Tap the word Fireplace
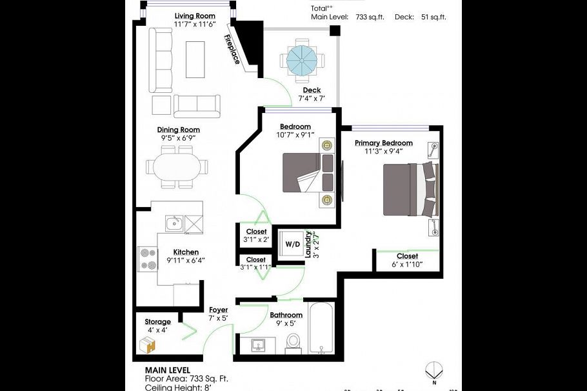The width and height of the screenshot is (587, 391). (x=232, y=49)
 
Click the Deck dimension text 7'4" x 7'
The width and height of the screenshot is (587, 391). (x=311, y=99)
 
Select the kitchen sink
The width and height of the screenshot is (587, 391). (x=172, y=225)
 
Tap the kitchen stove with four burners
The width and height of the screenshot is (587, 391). (x=148, y=258)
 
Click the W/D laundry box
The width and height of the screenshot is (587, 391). (x=292, y=245)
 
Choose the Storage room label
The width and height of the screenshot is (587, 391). (x=157, y=322)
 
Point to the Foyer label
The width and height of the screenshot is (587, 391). (x=218, y=310)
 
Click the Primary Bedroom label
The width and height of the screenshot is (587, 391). (x=383, y=143)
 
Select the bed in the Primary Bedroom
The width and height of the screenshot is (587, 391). (x=410, y=189)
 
